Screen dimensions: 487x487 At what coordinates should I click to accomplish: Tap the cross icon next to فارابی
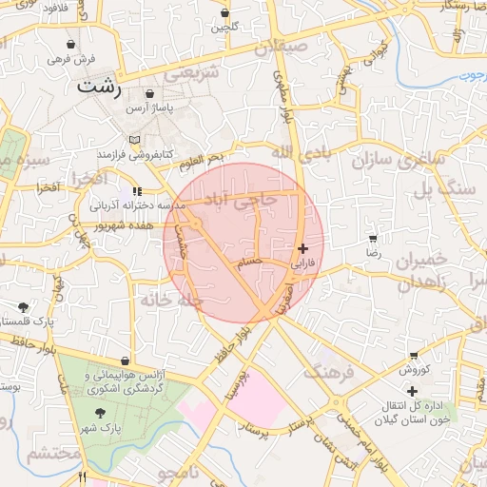click(302, 248)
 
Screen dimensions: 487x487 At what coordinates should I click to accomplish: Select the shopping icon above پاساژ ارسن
click(151, 96)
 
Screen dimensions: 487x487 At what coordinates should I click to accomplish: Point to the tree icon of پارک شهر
click(101, 414)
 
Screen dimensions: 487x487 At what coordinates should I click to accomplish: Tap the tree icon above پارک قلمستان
click(23, 307)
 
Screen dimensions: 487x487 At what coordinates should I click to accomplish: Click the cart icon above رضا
click(372, 238)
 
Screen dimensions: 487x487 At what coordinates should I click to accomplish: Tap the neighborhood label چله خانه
click(172, 301)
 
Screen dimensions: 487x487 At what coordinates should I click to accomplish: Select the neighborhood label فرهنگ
click(327, 369)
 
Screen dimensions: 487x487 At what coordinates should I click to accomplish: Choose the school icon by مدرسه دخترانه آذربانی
click(138, 191)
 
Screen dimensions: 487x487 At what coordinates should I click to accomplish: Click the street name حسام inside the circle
click(250, 264)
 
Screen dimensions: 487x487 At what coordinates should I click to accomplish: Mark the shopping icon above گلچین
click(225, 13)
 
